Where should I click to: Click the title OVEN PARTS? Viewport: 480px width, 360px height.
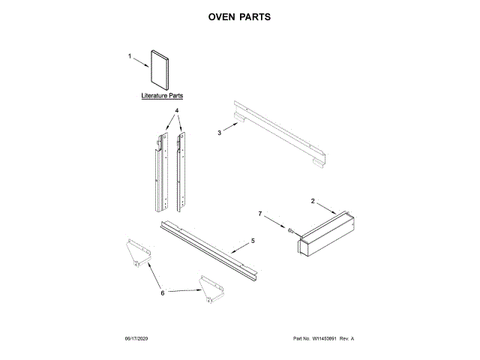pos(239,16)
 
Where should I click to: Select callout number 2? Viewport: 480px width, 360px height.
pos(312,201)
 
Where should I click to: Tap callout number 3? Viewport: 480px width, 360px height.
pos(220,133)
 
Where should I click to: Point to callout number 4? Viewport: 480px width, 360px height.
pos(177,111)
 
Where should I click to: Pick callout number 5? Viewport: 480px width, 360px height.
pos(253,241)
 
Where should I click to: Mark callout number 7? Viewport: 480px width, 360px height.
pos(260,214)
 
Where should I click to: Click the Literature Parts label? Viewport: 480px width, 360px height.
pos(162,97)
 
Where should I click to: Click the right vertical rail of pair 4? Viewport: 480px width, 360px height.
pos(180,171)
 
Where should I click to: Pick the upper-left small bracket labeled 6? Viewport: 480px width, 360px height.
pos(136,250)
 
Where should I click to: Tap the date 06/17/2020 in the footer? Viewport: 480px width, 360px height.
pos(137,339)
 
